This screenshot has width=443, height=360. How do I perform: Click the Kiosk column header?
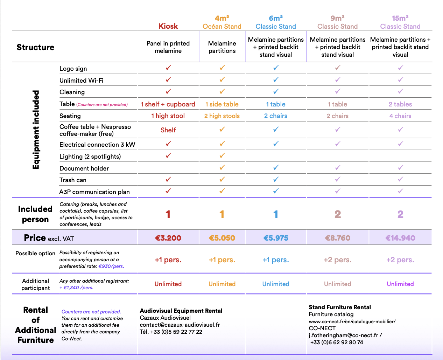click(168, 26)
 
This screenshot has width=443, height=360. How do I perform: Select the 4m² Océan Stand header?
click(222, 22)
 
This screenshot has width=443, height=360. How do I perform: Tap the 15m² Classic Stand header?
click(400, 22)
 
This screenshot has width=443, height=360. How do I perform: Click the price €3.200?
click(168, 238)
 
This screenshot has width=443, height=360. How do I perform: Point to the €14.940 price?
click(400, 238)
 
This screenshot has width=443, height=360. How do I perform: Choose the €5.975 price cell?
click(276, 238)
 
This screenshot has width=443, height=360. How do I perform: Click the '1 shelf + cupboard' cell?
click(168, 104)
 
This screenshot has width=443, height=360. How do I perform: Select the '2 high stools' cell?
click(222, 116)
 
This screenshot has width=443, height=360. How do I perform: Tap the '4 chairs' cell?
click(400, 116)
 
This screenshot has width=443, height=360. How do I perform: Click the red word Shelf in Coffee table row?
click(168, 130)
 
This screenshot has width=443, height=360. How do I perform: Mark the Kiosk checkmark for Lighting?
click(168, 155)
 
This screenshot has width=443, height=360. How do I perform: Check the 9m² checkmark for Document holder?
click(338, 168)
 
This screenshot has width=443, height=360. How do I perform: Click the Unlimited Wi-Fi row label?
click(82, 81)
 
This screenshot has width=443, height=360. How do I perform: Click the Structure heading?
click(35, 47)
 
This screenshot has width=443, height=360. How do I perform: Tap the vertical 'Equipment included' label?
click(36, 130)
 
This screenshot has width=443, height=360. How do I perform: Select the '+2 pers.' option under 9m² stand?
click(338, 260)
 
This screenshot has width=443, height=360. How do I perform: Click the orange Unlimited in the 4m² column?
click(222, 284)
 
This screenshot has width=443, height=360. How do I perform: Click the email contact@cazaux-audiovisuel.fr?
click(180, 325)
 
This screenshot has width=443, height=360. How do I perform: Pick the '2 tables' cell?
click(400, 104)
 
